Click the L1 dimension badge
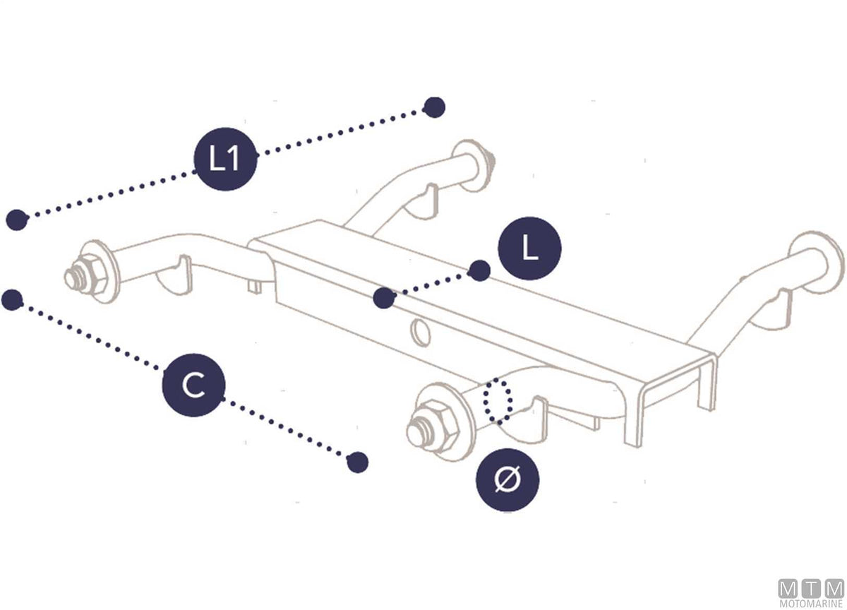(225, 159)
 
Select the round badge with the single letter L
(530, 249)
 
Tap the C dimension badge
(194, 385)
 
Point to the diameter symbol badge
(507, 480)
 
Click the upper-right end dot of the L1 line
(435, 107)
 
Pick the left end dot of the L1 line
(17, 220)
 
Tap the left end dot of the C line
(12, 300)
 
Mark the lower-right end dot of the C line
(357, 462)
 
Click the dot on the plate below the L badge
(384, 298)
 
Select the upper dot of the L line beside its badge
(479, 271)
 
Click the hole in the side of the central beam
(421, 333)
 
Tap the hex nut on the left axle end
(91, 275)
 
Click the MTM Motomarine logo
(812, 593)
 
